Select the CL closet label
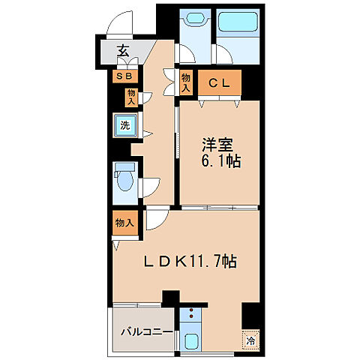click(219, 83)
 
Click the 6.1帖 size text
click(218, 160)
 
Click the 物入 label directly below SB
click(130, 96)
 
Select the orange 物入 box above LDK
click(124, 222)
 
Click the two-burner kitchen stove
click(190, 318)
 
